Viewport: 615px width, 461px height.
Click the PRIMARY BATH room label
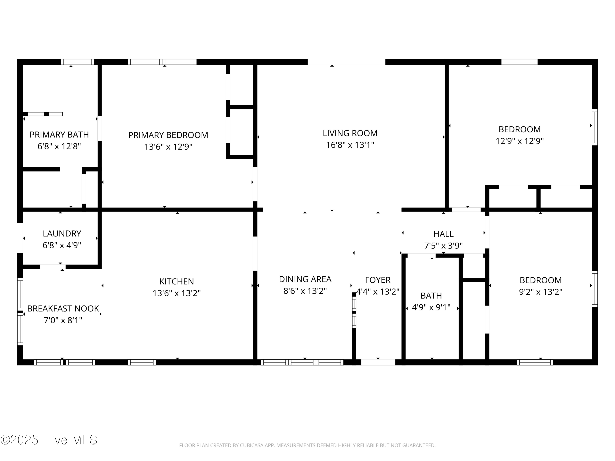point(59,134)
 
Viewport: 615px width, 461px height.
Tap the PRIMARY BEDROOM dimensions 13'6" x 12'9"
point(168,146)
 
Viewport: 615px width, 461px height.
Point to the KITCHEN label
point(176,281)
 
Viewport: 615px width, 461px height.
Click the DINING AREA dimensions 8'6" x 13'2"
point(305,291)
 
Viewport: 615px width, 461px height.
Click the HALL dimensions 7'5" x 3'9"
point(443,245)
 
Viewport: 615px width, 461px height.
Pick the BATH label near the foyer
point(431,295)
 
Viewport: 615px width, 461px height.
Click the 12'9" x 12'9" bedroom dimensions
point(519,141)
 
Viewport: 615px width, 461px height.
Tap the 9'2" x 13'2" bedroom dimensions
point(541,292)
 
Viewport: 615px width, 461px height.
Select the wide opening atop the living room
point(346,62)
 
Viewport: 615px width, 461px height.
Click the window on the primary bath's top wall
point(77,62)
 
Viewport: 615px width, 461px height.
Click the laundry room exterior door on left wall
point(20,238)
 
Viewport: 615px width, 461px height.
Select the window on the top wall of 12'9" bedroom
point(519,62)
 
